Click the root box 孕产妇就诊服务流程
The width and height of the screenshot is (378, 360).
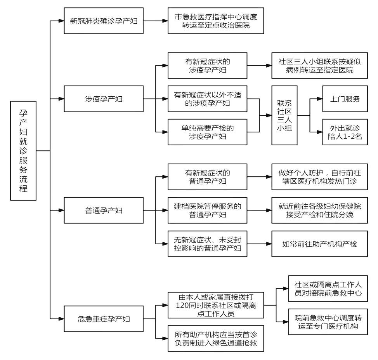pyautogui.click(x=24, y=150)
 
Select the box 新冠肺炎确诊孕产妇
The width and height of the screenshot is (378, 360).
pyautogui.click(x=104, y=21)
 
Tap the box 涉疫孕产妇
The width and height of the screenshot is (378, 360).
pyautogui.click(x=104, y=99)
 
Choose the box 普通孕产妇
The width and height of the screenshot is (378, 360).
pyautogui.click(x=104, y=210)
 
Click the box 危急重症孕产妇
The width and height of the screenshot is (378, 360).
pyautogui.click(x=104, y=319)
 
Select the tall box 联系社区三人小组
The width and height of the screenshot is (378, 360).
pyautogui.click(x=284, y=116)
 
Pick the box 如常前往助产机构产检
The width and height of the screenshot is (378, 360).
pyautogui.click(x=319, y=244)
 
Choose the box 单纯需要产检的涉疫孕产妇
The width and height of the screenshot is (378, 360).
pyautogui.click(x=208, y=132)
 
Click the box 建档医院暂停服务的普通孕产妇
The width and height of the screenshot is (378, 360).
pyautogui.click(x=208, y=210)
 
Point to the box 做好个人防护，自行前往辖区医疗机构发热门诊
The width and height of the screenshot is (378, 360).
pyautogui.click(x=319, y=177)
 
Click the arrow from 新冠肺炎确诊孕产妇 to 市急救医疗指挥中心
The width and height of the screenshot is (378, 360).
pyautogui.click(x=156, y=21)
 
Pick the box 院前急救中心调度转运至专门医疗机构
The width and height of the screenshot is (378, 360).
pyautogui.click(x=328, y=322)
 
